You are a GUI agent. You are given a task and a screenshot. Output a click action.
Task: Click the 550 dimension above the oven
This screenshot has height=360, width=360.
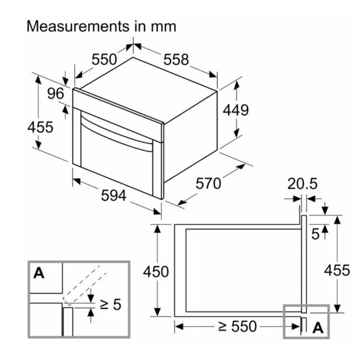click(104, 60)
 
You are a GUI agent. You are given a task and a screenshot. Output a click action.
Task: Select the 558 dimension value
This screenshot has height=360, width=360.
click(176, 60)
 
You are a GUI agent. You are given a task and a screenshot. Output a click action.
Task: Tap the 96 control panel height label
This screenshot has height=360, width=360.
click(56, 93)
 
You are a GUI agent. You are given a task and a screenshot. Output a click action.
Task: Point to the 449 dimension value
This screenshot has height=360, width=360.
click(236, 110)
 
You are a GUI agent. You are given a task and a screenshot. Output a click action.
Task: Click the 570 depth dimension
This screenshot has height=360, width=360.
click(208, 183)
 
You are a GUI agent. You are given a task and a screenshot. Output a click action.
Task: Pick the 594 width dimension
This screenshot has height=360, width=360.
click(114, 195)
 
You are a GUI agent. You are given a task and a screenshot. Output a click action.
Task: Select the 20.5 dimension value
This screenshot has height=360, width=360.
click(303, 183)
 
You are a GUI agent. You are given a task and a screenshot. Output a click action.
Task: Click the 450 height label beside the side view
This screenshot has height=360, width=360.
click(156, 272)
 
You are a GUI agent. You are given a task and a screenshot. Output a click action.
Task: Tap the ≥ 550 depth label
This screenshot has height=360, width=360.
click(237, 326)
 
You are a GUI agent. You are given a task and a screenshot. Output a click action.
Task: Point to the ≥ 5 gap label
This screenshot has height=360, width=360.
click(110, 304)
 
